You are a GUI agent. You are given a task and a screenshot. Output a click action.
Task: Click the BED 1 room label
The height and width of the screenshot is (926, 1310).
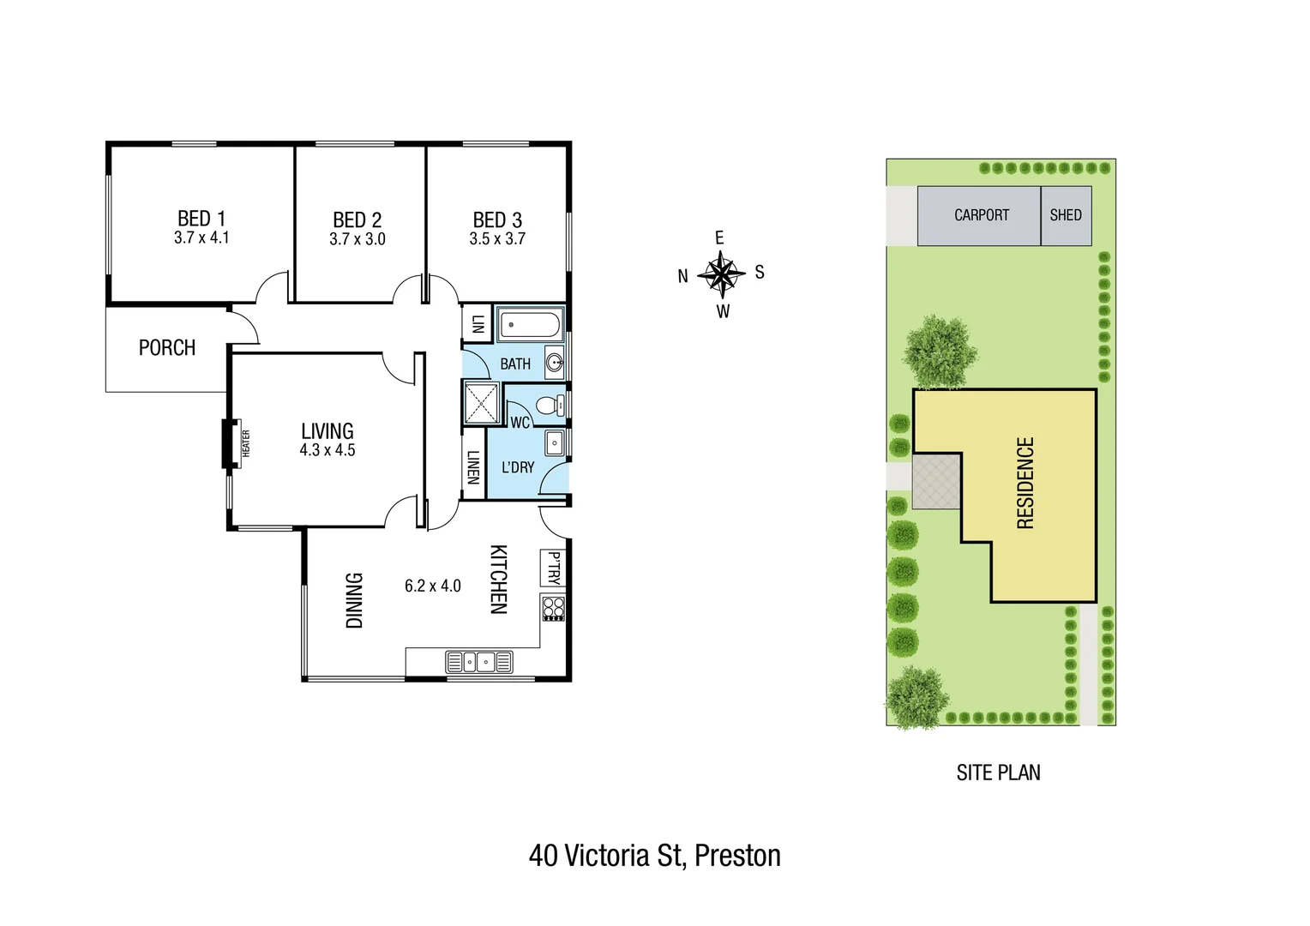pyautogui.click(x=201, y=219)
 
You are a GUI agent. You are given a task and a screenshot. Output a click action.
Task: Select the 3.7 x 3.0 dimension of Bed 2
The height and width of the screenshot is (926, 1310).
pyautogui.click(x=358, y=239)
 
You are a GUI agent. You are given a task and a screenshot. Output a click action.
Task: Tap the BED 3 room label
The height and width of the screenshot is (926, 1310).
pyautogui.click(x=497, y=220)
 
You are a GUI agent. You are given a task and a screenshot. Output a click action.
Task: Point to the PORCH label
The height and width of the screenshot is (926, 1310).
pyautogui.click(x=167, y=348)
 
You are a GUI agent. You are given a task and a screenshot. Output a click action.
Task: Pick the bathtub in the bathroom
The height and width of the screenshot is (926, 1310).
pyautogui.click(x=530, y=325)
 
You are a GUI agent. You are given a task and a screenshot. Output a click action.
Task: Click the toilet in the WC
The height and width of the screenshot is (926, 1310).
pyautogui.click(x=548, y=405)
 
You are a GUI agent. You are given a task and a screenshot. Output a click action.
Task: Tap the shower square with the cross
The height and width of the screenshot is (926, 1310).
pyautogui.click(x=482, y=403)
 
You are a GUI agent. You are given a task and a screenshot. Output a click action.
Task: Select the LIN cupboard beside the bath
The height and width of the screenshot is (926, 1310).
pyautogui.click(x=478, y=323)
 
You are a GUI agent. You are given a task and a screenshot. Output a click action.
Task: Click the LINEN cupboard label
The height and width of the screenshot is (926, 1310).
pyautogui.click(x=472, y=467)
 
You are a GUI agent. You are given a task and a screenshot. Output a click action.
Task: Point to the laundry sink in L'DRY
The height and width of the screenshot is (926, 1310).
pyautogui.click(x=554, y=443)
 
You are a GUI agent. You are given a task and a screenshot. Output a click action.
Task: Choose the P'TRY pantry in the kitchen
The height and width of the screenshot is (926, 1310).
pyautogui.click(x=553, y=568)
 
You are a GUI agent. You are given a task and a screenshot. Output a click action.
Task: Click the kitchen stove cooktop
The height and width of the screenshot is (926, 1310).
pyautogui.click(x=553, y=608)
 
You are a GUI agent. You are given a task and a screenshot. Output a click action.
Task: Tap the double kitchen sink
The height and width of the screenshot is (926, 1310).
pyautogui.click(x=479, y=662)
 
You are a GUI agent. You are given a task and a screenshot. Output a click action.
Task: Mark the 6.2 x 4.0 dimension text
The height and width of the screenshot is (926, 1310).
pyautogui.click(x=433, y=586)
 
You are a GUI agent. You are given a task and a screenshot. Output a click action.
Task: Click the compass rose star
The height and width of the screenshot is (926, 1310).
pyautogui.click(x=721, y=274)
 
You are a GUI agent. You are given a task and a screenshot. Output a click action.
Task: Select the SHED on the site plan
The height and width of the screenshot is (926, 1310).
pyautogui.click(x=1066, y=215)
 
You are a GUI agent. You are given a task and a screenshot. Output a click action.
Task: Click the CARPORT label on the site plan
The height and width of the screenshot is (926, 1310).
pyautogui.click(x=982, y=215)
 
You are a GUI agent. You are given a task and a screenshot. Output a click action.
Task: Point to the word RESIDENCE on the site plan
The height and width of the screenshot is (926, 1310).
pyautogui.click(x=1025, y=483)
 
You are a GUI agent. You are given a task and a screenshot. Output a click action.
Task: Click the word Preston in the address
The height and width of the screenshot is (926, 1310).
pyautogui.click(x=737, y=856)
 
